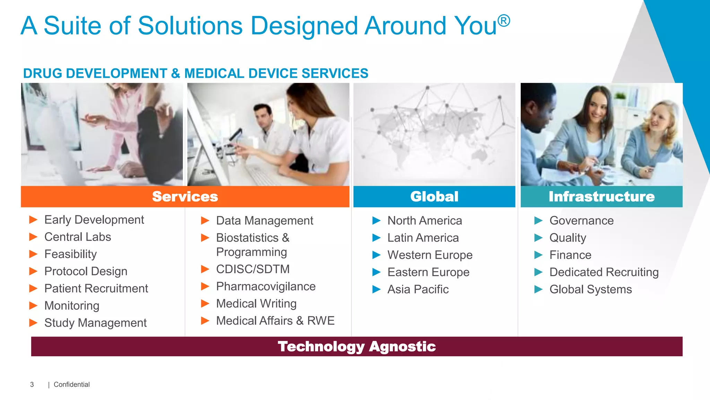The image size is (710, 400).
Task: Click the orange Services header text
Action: (x=185, y=197)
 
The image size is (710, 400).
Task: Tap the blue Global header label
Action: (x=434, y=197)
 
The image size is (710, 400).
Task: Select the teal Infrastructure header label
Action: (x=601, y=197)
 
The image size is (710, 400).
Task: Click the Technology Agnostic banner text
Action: (x=357, y=347)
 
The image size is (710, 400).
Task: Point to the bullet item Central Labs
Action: (x=78, y=237)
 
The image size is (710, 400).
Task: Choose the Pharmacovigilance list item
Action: (x=266, y=286)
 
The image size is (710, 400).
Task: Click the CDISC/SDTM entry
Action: (x=253, y=269)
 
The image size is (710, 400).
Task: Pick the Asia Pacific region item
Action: (x=418, y=289)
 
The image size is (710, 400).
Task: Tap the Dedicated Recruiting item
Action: (x=604, y=272)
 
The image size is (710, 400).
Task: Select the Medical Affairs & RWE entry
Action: (x=275, y=321)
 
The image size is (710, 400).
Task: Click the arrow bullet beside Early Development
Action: (x=33, y=219)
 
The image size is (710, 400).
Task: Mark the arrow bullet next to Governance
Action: (x=538, y=220)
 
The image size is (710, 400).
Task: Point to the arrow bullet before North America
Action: (x=376, y=220)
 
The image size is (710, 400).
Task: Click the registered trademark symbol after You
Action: (x=504, y=20)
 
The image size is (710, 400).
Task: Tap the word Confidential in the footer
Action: (x=71, y=384)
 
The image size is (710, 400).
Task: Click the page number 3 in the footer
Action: (x=32, y=384)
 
